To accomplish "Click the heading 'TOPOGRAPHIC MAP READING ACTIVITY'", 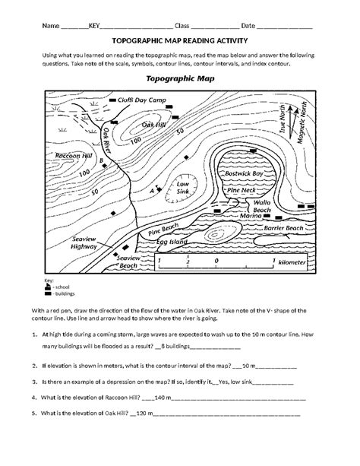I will point(179,43).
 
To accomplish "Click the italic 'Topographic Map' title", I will point(179,78).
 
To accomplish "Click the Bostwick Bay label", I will point(245,174).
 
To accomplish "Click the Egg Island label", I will point(172,242).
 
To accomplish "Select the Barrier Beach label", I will point(283,228).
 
